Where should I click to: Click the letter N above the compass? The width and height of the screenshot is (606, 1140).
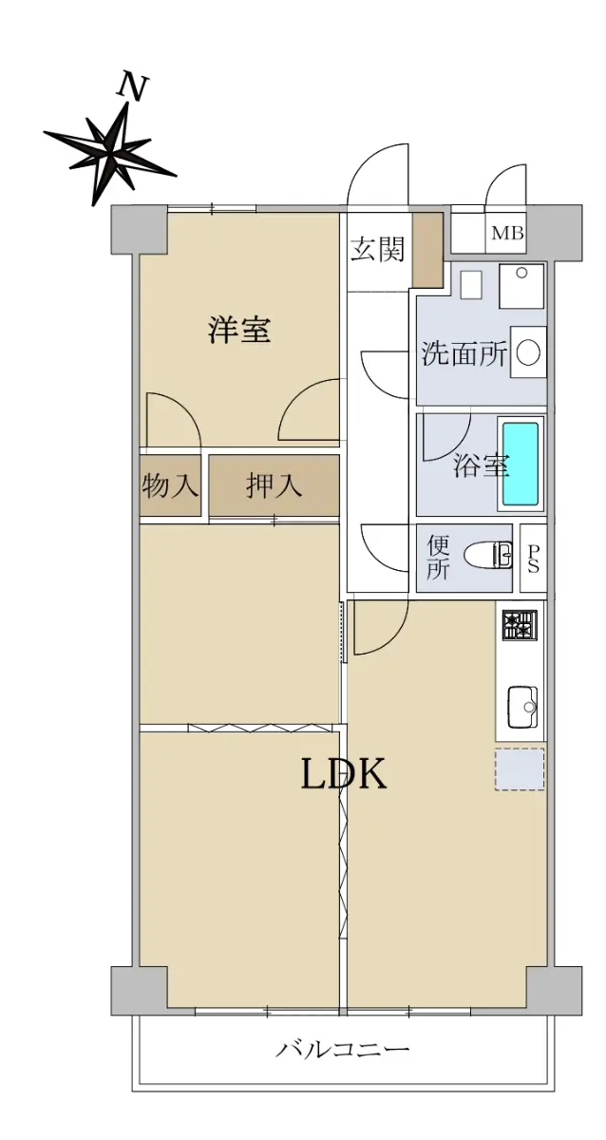click(x=132, y=87)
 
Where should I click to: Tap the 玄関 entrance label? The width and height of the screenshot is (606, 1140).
click(x=377, y=249)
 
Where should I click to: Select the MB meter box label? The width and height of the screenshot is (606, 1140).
click(x=507, y=234)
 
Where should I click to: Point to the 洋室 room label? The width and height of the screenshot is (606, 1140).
click(x=239, y=329)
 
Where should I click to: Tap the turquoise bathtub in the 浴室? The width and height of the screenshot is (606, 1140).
click(x=521, y=464)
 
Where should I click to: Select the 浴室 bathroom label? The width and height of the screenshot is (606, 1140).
click(x=481, y=465)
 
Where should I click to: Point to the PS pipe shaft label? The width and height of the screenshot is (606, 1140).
click(x=533, y=559)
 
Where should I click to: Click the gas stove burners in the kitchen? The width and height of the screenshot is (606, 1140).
click(x=520, y=624)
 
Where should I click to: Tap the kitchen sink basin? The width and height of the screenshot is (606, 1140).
click(x=522, y=708)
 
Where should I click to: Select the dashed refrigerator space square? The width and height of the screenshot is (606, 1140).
click(x=520, y=769)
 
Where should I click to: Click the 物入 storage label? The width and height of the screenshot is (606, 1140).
click(x=169, y=485)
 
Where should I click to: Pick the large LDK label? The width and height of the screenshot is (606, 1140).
click(x=344, y=772)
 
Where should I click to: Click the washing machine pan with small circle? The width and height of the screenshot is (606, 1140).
click(x=521, y=286)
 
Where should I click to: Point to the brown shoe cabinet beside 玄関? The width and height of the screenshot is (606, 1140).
click(x=427, y=251)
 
